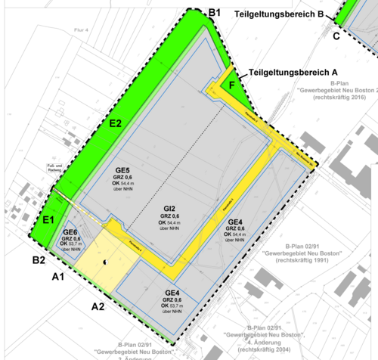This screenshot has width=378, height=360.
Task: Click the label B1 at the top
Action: (214, 13)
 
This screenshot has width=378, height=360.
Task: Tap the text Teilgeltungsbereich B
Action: (280, 14)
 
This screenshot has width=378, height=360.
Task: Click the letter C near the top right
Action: (336, 36)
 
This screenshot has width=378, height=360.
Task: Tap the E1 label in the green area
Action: (49, 219)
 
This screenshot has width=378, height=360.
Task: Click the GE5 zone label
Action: (122, 170)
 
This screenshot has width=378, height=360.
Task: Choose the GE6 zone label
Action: (70, 232)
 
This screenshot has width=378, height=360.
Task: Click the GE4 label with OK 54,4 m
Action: (236, 222)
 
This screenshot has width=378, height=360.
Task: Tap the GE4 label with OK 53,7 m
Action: (172, 293)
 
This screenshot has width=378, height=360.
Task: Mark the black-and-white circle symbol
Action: (105, 262)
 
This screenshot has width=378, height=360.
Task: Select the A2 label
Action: (98, 306)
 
